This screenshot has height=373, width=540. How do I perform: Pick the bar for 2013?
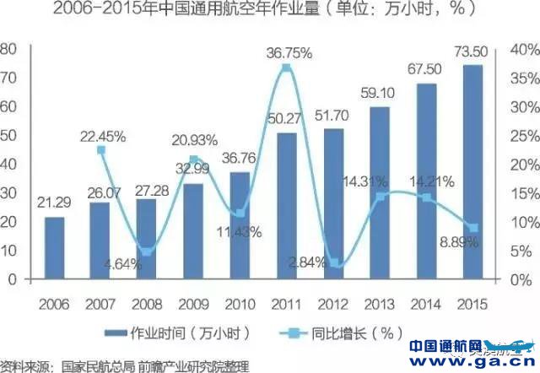[380, 192]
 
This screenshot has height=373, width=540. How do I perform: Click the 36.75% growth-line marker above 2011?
[287, 68]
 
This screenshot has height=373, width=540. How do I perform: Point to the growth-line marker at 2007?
[101, 150]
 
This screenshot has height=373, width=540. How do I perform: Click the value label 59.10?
[380, 95]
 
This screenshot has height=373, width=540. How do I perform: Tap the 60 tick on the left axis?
[8, 107]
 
